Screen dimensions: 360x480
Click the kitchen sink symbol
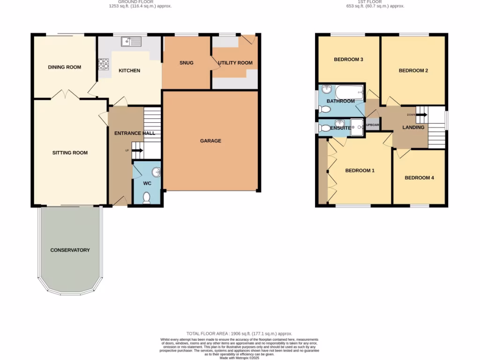click(131, 42)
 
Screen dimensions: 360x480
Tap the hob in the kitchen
click(103, 64)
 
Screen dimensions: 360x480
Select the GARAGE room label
click(210, 141)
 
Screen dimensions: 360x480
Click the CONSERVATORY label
click(70, 250)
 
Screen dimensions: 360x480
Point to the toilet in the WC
click(146, 198)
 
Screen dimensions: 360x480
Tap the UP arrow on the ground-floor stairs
click(136, 150)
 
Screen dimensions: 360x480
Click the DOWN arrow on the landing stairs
click(420, 114)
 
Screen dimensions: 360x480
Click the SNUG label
click(186, 63)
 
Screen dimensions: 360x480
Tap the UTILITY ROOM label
click(235, 63)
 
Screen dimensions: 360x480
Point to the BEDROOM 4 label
click(419, 178)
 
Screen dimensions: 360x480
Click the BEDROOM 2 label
click(413, 71)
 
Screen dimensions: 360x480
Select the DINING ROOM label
click(65, 67)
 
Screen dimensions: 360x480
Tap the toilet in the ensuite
click(324, 127)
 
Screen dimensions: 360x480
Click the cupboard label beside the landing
click(372, 125)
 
